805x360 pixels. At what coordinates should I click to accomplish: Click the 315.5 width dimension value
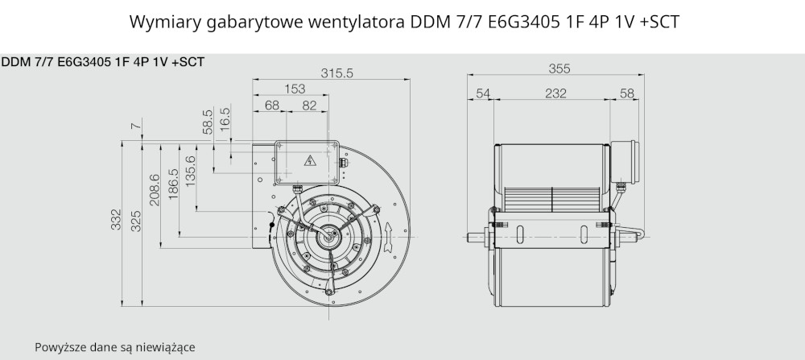(x=336, y=73)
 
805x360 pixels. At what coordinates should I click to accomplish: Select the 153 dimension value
(x=295, y=89)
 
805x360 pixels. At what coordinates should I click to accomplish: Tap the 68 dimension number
(x=272, y=106)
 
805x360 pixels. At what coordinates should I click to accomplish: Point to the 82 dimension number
(x=309, y=106)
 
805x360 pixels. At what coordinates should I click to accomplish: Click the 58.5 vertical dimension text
(x=208, y=122)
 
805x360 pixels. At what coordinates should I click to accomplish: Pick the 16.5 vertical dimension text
(x=225, y=119)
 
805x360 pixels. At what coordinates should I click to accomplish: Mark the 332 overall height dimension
(x=117, y=219)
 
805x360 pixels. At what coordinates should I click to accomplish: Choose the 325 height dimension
(x=135, y=221)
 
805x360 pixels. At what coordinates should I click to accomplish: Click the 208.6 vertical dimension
(x=155, y=190)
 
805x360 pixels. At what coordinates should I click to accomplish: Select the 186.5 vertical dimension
(x=173, y=184)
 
